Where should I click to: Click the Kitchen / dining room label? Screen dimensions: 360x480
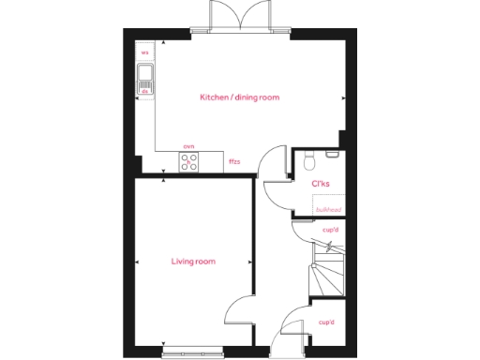point(239,97)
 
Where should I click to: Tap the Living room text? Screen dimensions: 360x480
point(193,262)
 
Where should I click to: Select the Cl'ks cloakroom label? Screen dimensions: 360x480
point(320,184)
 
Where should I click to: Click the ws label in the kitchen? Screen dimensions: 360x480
point(144,53)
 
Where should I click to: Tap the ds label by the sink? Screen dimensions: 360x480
point(144,92)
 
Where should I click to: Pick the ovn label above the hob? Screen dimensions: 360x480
point(188,146)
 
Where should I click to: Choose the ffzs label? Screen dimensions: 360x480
point(234,162)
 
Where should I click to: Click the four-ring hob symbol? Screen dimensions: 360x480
point(188,162)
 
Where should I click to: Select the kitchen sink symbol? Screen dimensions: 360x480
point(144,79)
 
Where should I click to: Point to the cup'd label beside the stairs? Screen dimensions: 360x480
point(329,230)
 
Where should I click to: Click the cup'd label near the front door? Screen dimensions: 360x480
point(326,322)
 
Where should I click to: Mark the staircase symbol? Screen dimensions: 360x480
point(326,272)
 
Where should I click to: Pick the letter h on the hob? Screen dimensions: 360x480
point(188,162)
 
